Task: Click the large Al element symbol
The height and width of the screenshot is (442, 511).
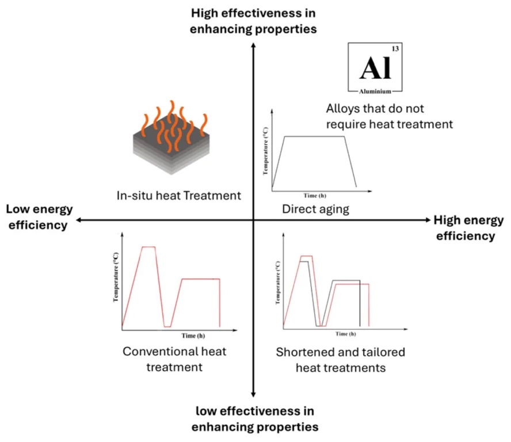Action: point(375,68)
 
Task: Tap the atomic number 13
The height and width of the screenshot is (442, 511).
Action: point(394,49)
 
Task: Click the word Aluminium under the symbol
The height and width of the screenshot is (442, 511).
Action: point(375,92)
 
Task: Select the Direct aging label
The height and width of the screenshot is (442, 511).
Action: point(315,209)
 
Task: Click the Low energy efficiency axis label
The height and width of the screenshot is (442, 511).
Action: point(36,216)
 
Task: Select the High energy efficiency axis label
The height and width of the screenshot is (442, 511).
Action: point(468,228)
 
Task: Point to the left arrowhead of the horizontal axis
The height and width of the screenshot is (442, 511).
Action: point(79,220)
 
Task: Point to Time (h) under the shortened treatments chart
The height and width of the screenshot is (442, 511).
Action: point(345,333)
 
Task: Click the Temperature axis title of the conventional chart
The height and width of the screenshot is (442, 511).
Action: point(116,277)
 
